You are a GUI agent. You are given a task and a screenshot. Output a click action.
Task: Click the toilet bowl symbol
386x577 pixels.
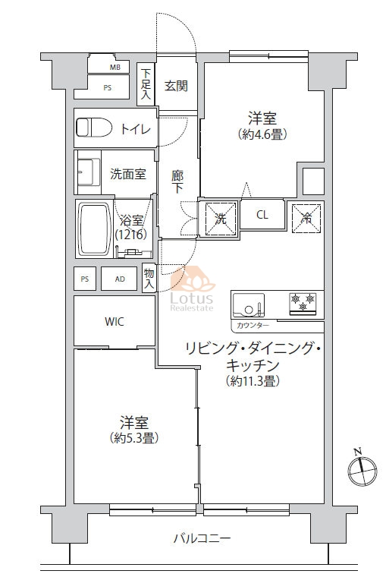94,128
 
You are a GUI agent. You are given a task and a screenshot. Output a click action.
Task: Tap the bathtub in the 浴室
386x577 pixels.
96,229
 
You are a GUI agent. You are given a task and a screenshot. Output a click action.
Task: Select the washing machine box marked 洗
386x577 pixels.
220,219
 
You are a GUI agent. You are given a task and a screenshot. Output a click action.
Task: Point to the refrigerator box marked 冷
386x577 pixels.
306,219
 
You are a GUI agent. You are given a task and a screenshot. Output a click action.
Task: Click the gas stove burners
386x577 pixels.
303,304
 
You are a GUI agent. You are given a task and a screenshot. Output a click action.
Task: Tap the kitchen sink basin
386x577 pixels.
249,305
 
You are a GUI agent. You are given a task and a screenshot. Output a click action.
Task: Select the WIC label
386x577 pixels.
114,322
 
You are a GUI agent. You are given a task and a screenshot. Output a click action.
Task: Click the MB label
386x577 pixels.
115,68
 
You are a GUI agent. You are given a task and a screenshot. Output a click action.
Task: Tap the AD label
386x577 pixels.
120,279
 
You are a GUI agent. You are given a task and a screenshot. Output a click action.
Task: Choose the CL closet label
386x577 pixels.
262,215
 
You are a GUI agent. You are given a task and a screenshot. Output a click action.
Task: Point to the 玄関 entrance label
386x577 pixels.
176,86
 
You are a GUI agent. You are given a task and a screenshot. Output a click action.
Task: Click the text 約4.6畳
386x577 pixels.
262,134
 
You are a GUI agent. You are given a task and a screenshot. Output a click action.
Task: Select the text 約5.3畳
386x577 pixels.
133,438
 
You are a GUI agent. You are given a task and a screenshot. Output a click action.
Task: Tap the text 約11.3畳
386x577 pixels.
253,381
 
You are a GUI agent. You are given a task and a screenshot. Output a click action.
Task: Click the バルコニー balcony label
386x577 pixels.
202,539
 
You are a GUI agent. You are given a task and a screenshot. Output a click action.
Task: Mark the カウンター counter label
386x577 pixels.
253,325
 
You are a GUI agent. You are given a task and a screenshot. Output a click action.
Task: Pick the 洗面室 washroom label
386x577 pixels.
128,174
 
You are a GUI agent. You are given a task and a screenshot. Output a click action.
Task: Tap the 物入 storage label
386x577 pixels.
149,278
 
